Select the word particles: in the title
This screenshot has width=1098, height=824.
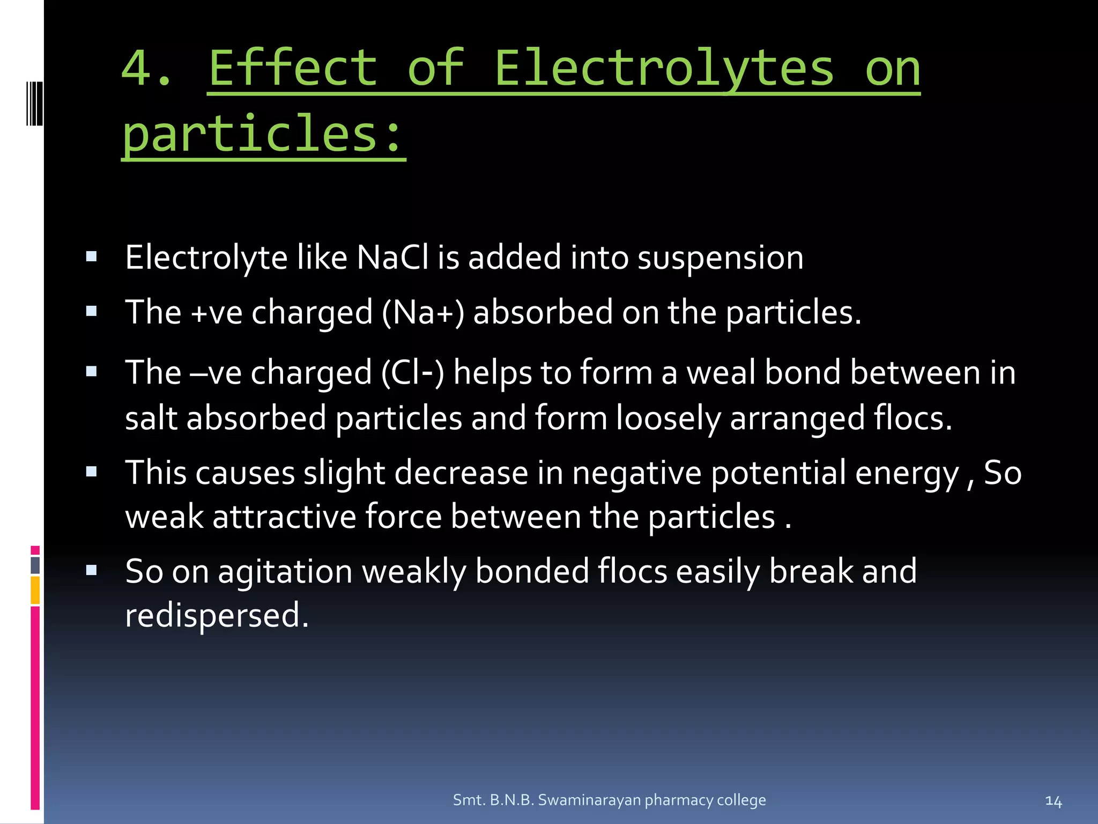coord(263,134)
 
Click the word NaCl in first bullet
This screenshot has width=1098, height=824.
coord(392,257)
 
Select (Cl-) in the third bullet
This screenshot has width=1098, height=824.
coord(412,372)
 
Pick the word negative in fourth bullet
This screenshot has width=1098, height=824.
coord(636,473)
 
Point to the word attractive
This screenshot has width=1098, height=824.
coord(284,517)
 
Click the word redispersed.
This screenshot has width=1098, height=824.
coord(217,615)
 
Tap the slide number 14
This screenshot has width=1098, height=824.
coord(1053,801)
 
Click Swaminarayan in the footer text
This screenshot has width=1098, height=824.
coord(589,800)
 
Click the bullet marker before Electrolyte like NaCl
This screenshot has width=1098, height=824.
coord(91,256)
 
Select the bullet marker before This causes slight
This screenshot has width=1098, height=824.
coord(91,472)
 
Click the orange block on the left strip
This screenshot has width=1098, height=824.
coord(35,590)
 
